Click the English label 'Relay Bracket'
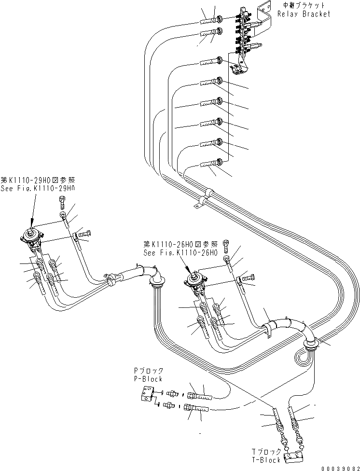(304, 14)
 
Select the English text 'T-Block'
(266, 460)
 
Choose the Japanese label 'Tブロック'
(266, 452)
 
